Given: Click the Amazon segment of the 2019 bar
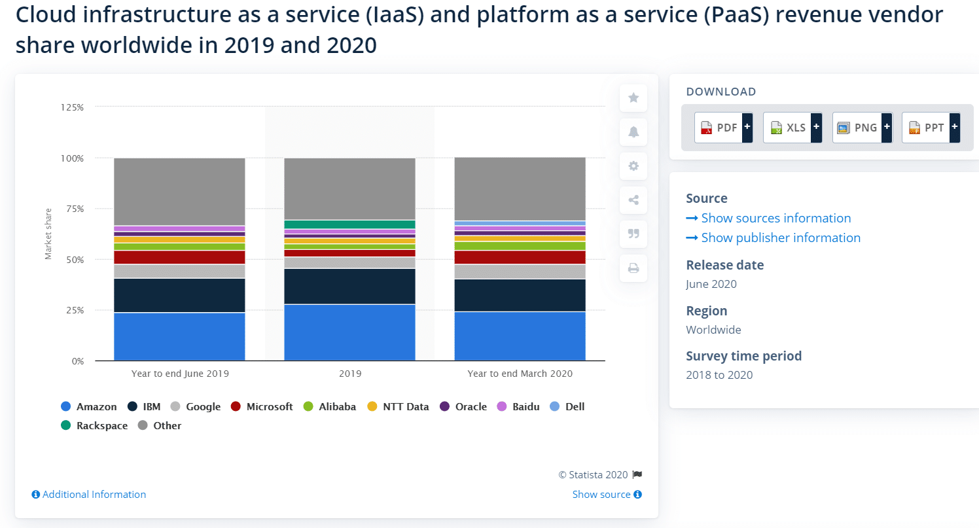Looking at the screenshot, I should [x=349, y=332].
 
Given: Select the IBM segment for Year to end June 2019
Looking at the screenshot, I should [x=179, y=295].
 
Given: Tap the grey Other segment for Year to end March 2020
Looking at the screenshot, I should [x=520, y=188].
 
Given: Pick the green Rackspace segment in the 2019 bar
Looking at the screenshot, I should [x=349, y=224].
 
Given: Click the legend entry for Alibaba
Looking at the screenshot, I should [x=330, y=406].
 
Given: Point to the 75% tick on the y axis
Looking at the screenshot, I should [x=73, y=209].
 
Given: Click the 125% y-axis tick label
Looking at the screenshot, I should [x=71, y=107].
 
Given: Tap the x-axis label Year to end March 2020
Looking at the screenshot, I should [x=520, y=374].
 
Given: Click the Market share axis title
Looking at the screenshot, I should [x=48, y=234].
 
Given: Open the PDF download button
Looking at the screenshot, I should [x=723, y=128].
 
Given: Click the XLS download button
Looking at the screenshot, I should [x=792, y=128].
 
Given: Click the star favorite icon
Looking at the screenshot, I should [x=633, y=97].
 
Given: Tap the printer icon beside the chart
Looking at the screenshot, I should [x=633, y=268].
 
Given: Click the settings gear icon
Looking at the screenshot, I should [x=633, y=166].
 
